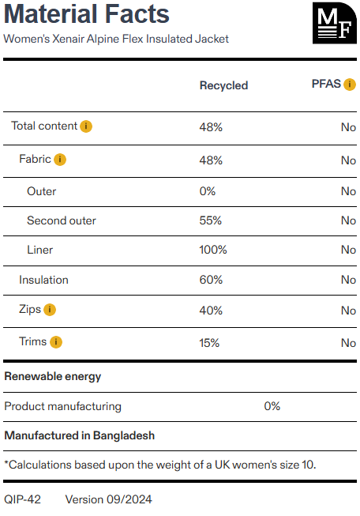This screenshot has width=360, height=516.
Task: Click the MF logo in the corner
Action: (335, 23)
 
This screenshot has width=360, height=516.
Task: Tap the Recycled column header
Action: (224, 85)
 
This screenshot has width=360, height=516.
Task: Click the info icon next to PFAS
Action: (350, 85)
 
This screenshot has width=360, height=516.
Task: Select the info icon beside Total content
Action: (86, 126)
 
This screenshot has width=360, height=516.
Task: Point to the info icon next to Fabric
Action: (60, 160)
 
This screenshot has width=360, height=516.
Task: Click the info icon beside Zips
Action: (50, 310)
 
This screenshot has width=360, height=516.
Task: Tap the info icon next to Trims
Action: (56, 342)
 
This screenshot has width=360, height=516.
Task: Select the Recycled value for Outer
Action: (208, 191)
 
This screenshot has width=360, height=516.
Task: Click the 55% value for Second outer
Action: (211, 220)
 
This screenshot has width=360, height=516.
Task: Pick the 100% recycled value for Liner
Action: (213, 250)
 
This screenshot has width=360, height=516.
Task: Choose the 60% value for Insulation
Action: (211, 280)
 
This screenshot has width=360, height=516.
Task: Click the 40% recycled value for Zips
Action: (211, 311)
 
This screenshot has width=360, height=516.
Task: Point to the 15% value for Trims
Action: (209, 343)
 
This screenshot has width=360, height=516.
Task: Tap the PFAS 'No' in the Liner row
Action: (348, 250)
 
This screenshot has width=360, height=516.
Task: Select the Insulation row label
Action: (43, 280)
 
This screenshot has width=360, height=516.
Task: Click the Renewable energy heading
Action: (53, 376)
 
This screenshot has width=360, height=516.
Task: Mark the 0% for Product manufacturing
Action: (272, 406)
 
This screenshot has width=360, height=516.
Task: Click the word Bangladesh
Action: (124, 435)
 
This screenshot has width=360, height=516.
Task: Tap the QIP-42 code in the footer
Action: (22, 499)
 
